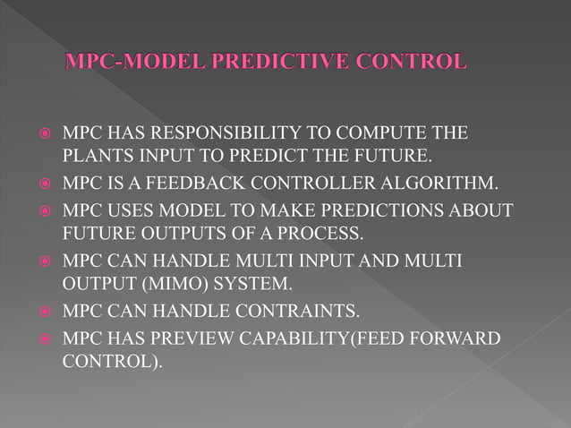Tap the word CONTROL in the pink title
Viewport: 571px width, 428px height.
tap(417, 63)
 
